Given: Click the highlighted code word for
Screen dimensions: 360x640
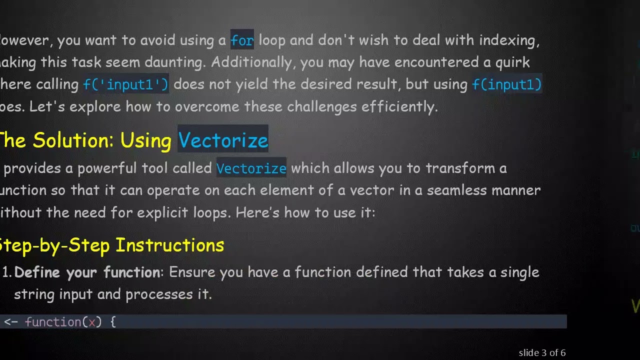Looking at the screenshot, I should (x=242, y=40).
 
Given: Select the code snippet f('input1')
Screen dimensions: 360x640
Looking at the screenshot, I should (x=126, y=84).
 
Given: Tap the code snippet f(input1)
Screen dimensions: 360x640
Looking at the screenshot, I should (x=506, y=84).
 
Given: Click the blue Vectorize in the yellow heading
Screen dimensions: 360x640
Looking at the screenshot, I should (x=223, y=140).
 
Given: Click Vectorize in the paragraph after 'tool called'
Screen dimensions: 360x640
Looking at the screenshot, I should (x=251, y=168).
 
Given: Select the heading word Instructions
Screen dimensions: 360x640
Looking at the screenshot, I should (x=169, y=245).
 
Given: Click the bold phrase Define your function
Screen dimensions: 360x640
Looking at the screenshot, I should (x=86, y=272).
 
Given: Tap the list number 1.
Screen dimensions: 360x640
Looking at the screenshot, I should (x=6, y=272).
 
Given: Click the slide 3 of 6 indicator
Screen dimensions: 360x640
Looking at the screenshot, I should (x=542, y=353).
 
